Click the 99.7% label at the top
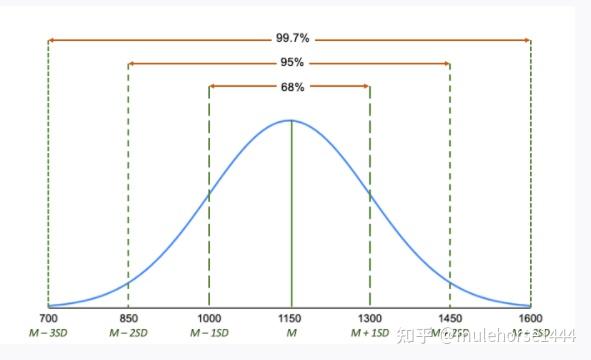click(289, 39)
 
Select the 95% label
click(289, 63)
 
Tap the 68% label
click(289, 87)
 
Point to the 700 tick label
click(47, 317)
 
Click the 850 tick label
click(128, 317)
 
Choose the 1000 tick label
click(208, 317)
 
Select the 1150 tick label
click(290, 317)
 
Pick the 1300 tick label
click(370, 317)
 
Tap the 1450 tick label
click(450, 317)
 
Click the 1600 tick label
click(530, 317)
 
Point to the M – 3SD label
click(47, 331)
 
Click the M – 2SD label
click(128, 331)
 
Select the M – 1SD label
click(208, 331)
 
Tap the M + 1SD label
click(370, 331)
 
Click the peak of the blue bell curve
click(290, 120)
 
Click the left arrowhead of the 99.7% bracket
click(50, 40)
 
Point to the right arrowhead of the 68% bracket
click(367, 87)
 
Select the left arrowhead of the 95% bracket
click(131, 63)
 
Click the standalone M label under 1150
click(290, 331)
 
